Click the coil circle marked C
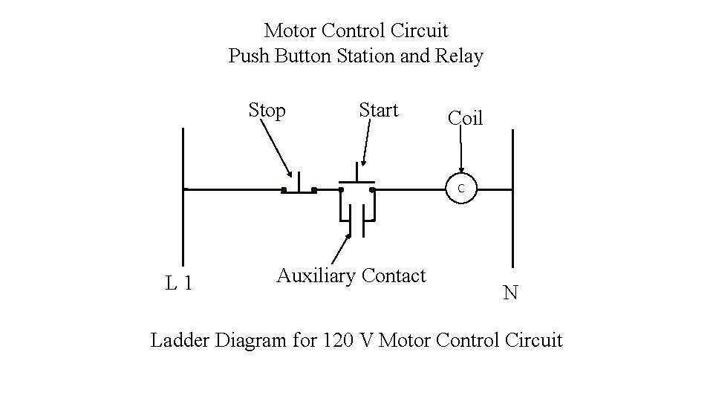tap(460, 189)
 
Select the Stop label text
tap(267, 111)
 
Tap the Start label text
tap(378, 111)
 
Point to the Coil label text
tap(465, 118)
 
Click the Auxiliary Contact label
tap(351, 276)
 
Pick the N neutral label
tap(510, 293)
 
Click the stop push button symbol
tap(299, 186)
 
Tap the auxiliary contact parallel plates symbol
tap(356, 221)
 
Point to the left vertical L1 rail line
tap(183, 223)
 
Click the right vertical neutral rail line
tap(512, 223)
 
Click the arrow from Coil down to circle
tap(461, 152)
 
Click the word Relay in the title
tap(460, 56)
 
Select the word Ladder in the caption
tap(180, 340)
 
